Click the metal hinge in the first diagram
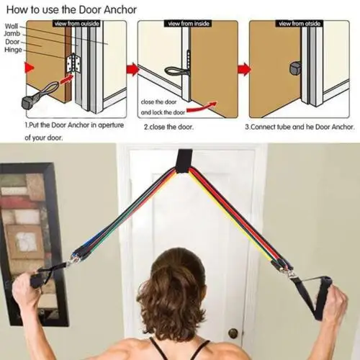pos(71,63)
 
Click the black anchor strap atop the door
pos(180,161)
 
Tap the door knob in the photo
pos(233,333)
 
